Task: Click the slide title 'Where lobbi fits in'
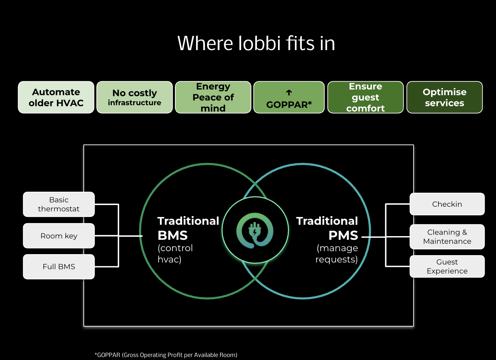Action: point(256,43)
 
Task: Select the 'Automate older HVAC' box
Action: point(56,97)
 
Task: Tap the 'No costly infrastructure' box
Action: point(135,97)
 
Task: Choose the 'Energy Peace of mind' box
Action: point(213,97)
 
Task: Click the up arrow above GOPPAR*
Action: point(289,93)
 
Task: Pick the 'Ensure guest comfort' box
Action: point(365,97)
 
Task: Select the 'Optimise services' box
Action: point(444,97)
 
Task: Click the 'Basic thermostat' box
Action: point(59,204)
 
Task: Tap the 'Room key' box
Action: point(59,236)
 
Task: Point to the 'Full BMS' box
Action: point(59,266)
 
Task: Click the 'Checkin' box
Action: point(447,204)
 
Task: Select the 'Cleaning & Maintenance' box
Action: point(447,237)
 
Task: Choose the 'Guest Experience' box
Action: point(447,266)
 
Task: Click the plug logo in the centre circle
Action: point(255,230)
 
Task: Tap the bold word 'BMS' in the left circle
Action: point(173,235)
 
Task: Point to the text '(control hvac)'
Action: point(175,253)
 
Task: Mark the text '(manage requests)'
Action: point(337,253)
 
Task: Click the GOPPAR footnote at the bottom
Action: point(166,355)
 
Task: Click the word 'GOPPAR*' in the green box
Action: point(289,105)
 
